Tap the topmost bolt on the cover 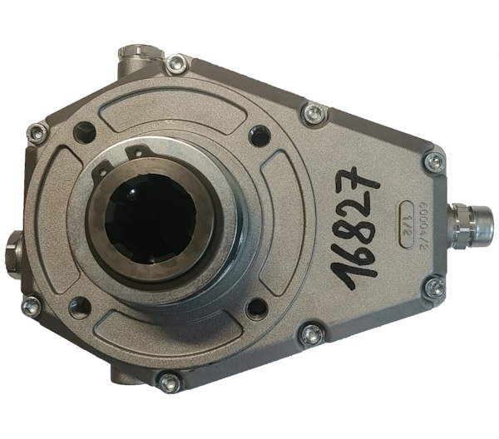(x=175, y=62)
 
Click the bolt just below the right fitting (x=433, y=288)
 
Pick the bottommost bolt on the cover (x=170, y=382)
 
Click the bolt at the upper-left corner (x=37, y=132)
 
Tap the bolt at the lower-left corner (x=30, y=305)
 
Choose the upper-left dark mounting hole (x=84, y=131)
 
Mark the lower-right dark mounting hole (x=258, y=308)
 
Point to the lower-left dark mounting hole (x=80, y=307)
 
